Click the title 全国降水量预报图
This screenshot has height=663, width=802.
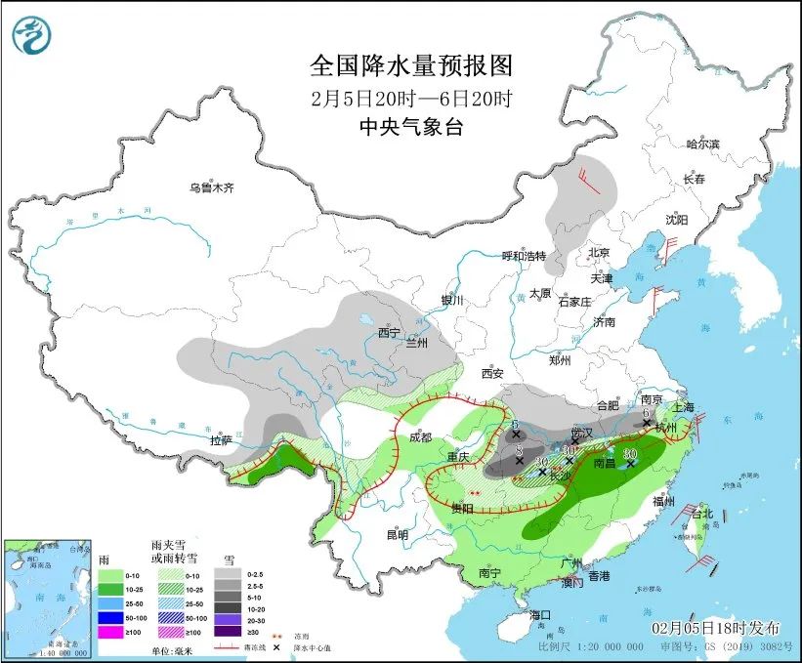(410, 66)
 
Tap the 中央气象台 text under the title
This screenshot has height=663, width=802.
(410, 126)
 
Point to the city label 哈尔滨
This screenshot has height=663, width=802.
(701, 144)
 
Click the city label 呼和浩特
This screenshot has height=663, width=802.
(523, 256)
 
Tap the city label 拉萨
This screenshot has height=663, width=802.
(222, 440)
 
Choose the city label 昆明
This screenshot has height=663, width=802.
(396, 534)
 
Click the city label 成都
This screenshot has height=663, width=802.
(421, 437)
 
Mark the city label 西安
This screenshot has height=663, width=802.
(491, 373)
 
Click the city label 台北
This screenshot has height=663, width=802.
(702, 514)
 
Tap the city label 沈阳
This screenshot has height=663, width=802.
(677, 220)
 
